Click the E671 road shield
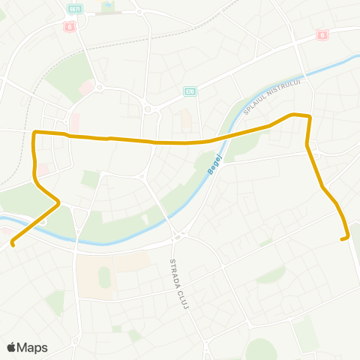(x=74, y=9)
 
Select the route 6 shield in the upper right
(x=322, y=34)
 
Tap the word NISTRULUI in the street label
(x=286, y=91)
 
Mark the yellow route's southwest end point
(x=13, y=244)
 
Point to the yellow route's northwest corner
(x=35, y=133)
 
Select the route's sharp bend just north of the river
(x=58, y=200)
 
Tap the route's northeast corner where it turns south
(x=308, y=116)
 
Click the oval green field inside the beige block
(x=104, y=277)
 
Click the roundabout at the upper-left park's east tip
(x=100, y=87)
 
